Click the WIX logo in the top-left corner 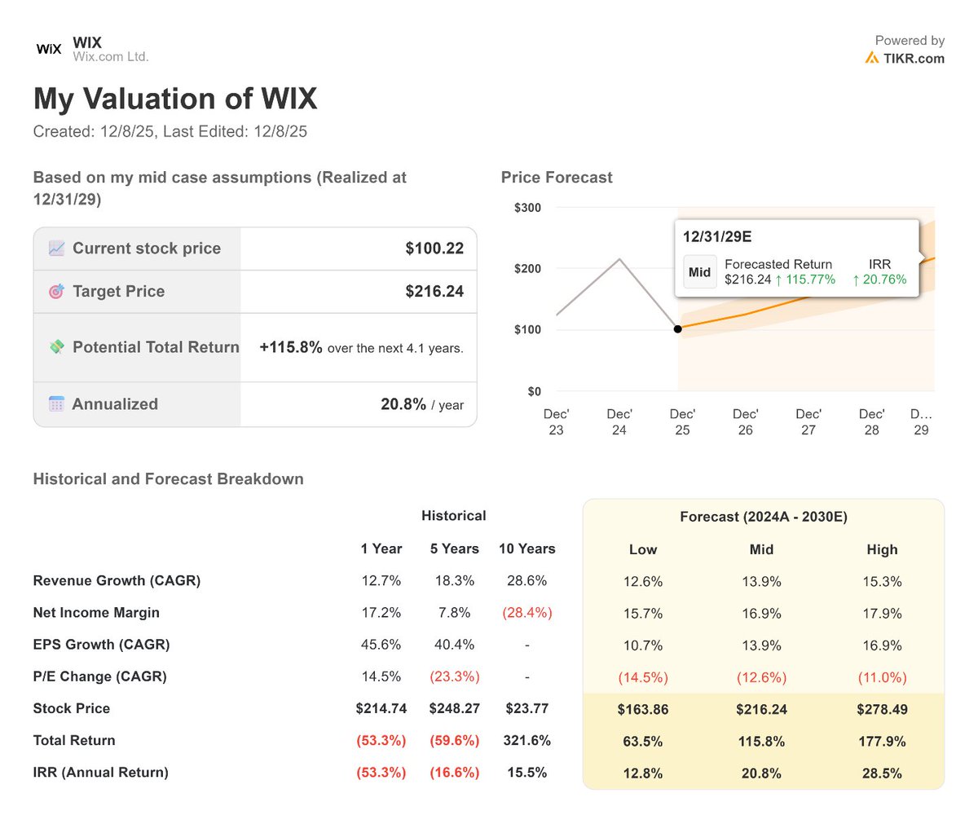(x=49, y=49)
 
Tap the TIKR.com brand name (x=913, y=58)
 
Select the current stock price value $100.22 (x=434, y=249)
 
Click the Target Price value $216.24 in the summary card (x=434, y=292)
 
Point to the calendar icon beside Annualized (x=56, y=404)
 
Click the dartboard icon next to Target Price (x=56, y=292)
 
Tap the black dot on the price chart (x=678, y=328)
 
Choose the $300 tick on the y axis (x=527, y=208)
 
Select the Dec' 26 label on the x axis (x=745, y=421)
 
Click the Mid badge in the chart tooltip (x=699, y=272)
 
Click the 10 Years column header (x=526, y=548)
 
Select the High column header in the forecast (x=882, y=549)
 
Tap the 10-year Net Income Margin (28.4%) (x=526, y=613)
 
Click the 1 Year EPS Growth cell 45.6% (x=381, y=645)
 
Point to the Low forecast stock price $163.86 (x=643, y=709)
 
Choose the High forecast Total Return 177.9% (x=882, y=741)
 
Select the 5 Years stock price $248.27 (x=454, y=709)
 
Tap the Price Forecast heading (x=557, y=178)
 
